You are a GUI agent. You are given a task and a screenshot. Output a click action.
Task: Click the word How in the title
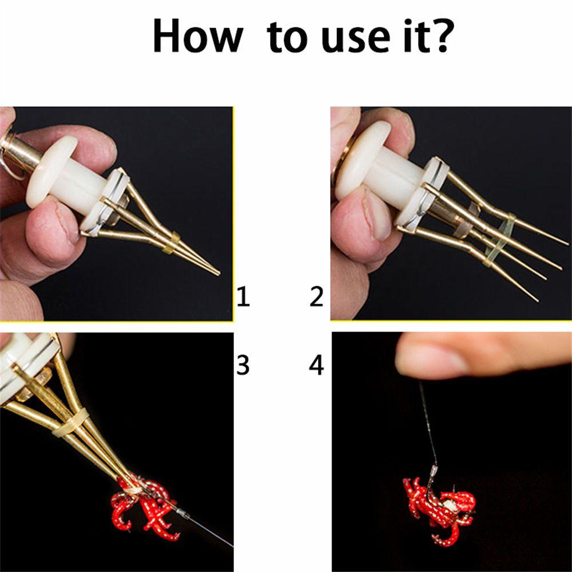197,35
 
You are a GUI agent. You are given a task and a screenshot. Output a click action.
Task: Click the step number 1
243,297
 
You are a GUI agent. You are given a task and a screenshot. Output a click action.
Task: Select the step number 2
316,297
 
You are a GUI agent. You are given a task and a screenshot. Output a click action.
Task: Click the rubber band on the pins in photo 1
170,243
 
